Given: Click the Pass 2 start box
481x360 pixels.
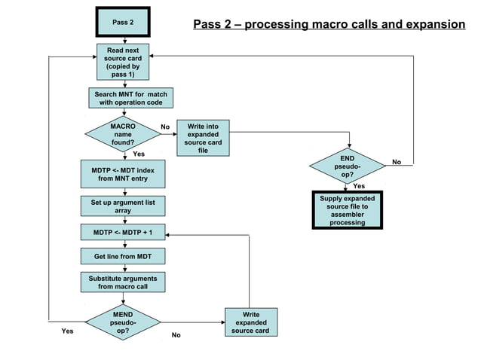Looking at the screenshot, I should click(123, 22).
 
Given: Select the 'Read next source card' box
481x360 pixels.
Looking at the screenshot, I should click(123, 62).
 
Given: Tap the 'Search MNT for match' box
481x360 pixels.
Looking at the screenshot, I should click(130, 98).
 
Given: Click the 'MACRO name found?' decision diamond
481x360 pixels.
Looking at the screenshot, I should click(122, 134).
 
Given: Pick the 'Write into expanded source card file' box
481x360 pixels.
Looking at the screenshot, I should click(203, 138).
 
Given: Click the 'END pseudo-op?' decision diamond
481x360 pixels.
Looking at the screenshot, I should click(347, 166).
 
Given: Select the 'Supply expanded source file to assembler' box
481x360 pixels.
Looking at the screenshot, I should click(347, 210).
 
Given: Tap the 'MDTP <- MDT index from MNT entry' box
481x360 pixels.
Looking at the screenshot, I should click(123, 175).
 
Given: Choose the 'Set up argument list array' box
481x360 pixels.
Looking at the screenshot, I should click(123, 206).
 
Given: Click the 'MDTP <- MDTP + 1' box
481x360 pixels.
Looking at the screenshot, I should click(123, 232).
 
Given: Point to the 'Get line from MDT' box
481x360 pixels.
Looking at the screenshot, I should click(123, 257).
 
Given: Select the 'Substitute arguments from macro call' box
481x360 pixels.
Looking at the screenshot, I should click(123, 282).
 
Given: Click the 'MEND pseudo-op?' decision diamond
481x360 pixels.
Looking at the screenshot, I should click(122, 322).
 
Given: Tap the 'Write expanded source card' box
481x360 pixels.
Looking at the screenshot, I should click(250, 322).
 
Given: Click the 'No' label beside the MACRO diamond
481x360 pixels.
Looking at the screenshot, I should click(164, 127).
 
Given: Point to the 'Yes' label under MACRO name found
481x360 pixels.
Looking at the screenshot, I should click(139, 154).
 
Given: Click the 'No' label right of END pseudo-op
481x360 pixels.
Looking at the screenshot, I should click(397, 162).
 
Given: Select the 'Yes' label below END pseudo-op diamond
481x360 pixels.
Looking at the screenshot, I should click(359, 186).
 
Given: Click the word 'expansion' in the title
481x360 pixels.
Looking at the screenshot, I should click(430, 25).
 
